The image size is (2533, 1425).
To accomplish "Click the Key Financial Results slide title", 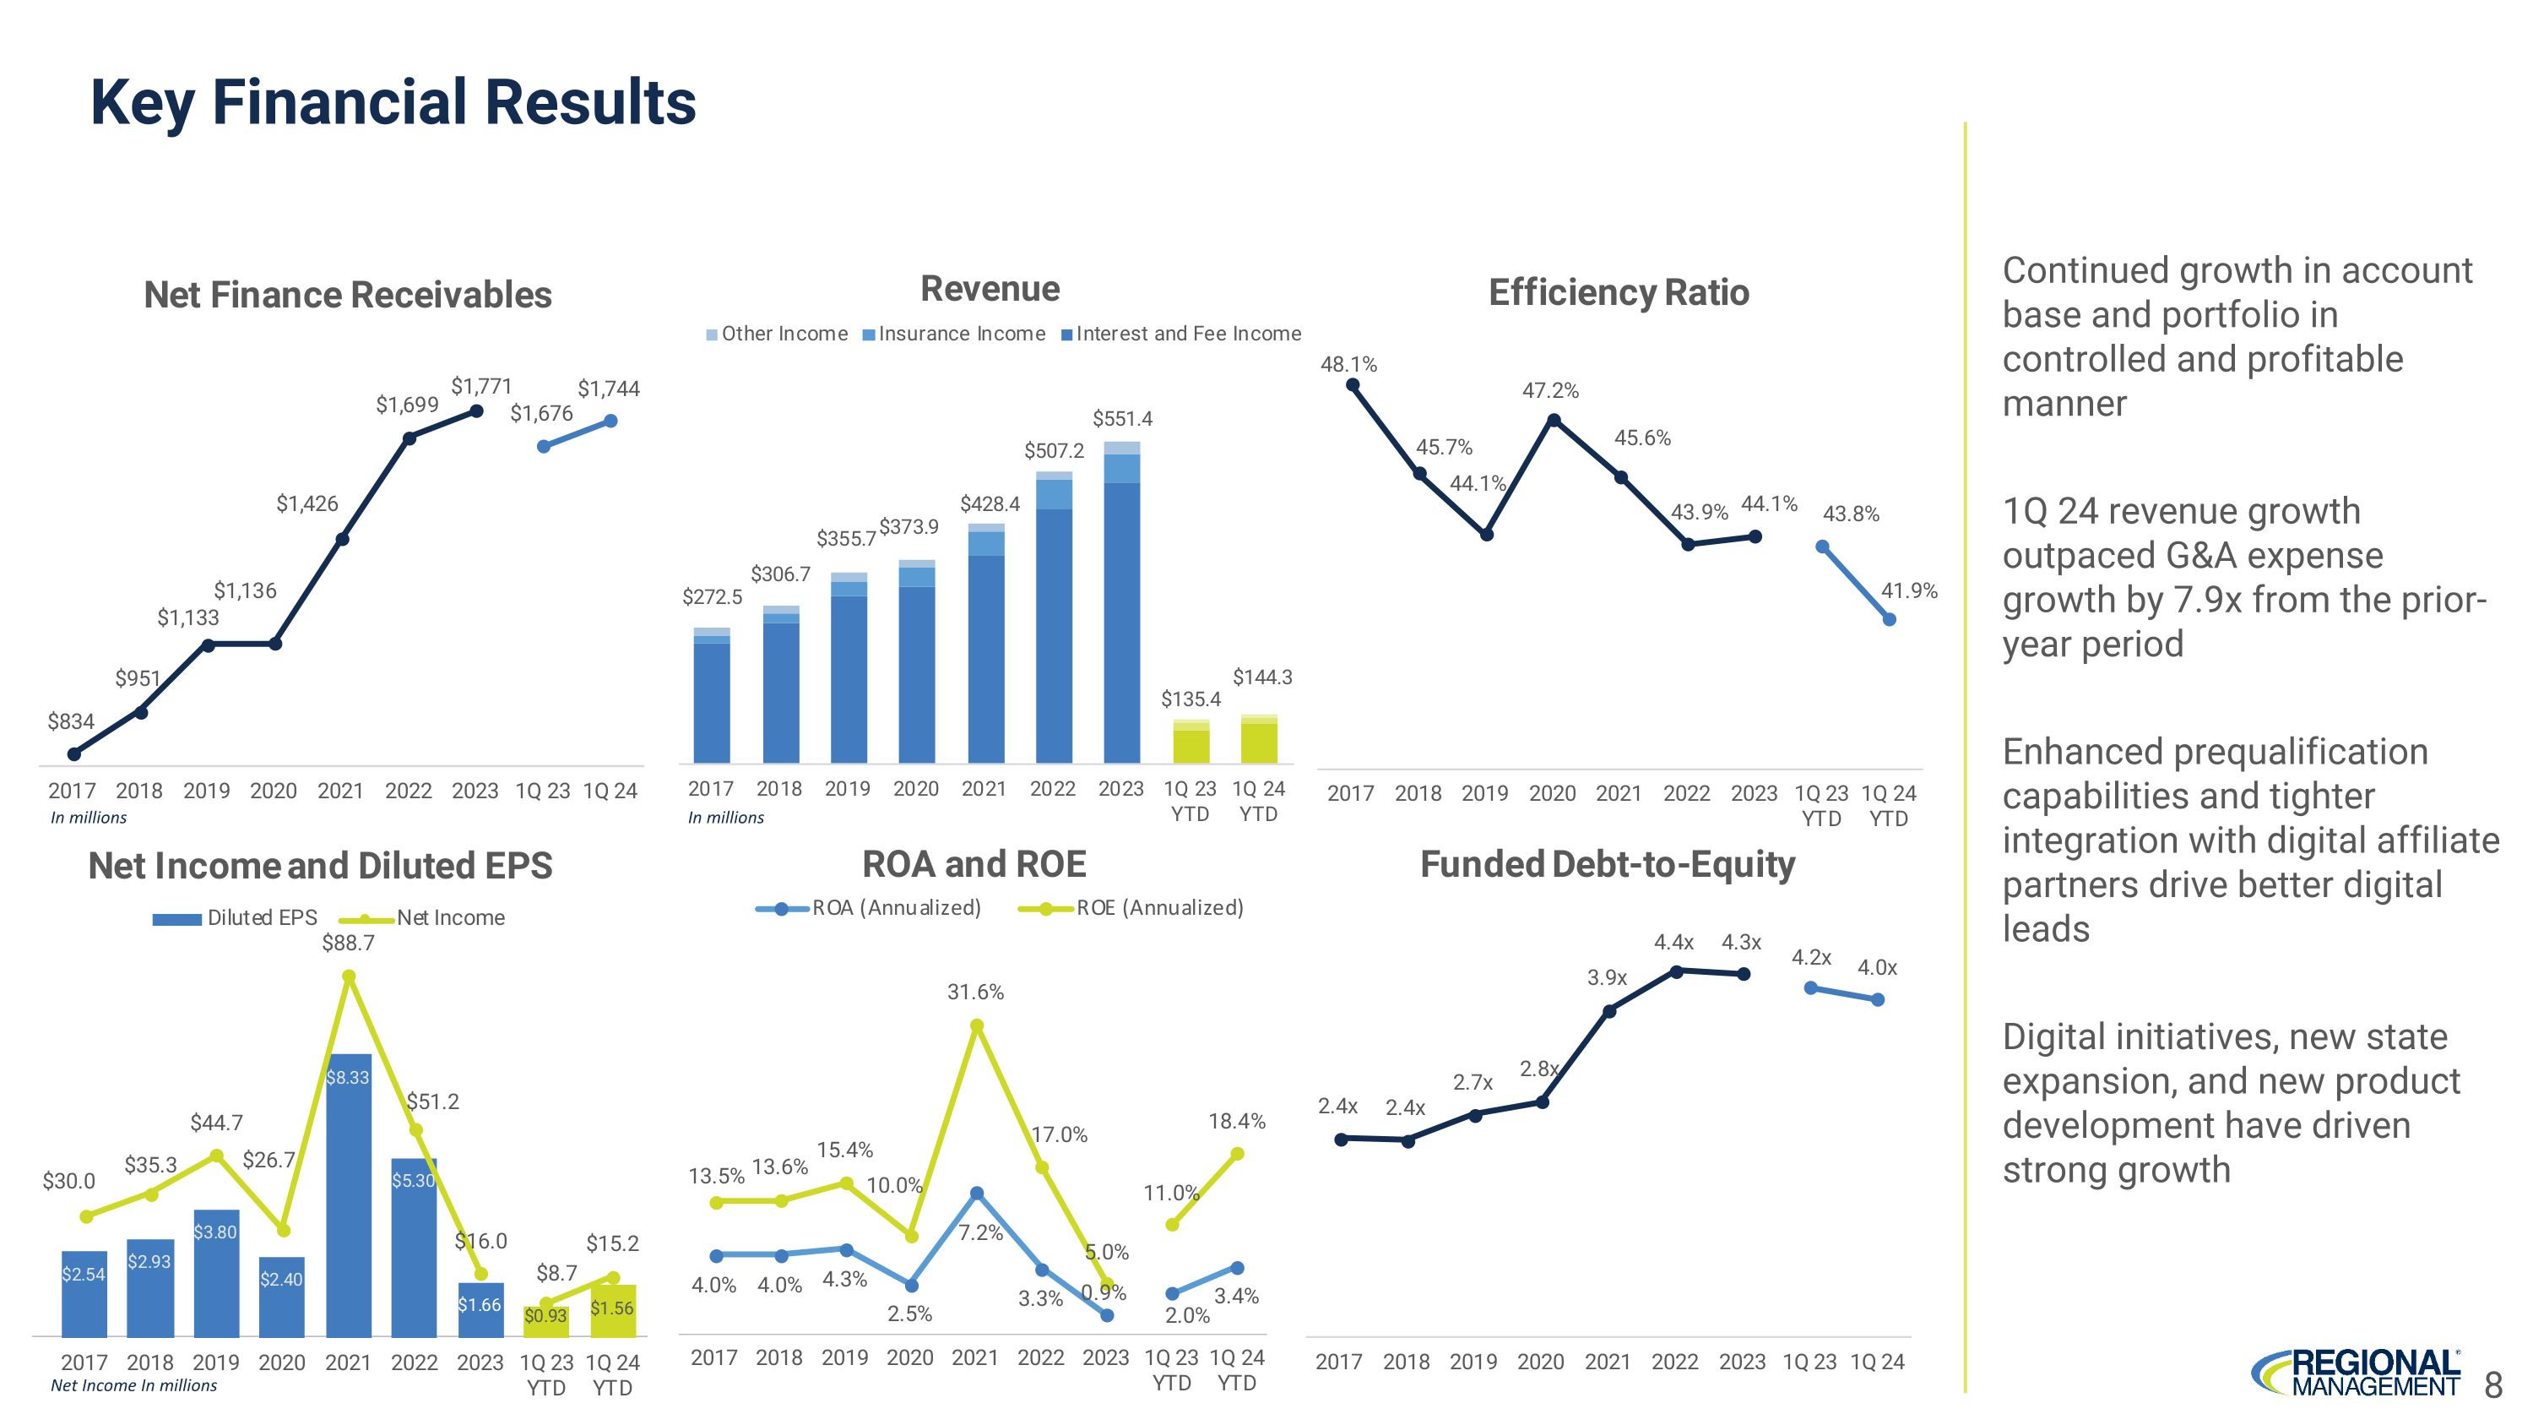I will click(x=393, y=103).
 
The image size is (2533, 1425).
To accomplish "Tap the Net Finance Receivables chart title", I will click(x=347, y=295).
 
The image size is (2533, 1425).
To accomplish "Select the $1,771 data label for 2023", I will click(x=480, y=387).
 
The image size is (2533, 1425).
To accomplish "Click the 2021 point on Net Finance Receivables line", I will click(x=342, y=539).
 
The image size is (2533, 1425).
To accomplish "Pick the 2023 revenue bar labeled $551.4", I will click(x=1121, y=610).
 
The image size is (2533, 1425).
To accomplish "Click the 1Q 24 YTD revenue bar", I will click(x=1259, y=740).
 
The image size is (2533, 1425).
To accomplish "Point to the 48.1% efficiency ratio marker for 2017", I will click(x=1352, y=385).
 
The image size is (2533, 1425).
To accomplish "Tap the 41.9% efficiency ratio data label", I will click(x=1908, y=591).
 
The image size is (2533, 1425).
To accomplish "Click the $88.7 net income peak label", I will click(x=348, y=944).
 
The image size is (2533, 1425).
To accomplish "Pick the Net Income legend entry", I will click(x=432, y=918).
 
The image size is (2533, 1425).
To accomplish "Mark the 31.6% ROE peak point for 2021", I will click(x=976, y=1025).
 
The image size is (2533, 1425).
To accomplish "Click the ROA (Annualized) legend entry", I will click(x=870, y=909).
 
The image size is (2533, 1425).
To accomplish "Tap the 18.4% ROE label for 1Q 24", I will click(x=1236, y=1121).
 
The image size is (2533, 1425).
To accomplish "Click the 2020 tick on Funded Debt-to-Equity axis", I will click(x=1540, y=1362).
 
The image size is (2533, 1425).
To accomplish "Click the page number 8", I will click(x=2492, y=1385).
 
